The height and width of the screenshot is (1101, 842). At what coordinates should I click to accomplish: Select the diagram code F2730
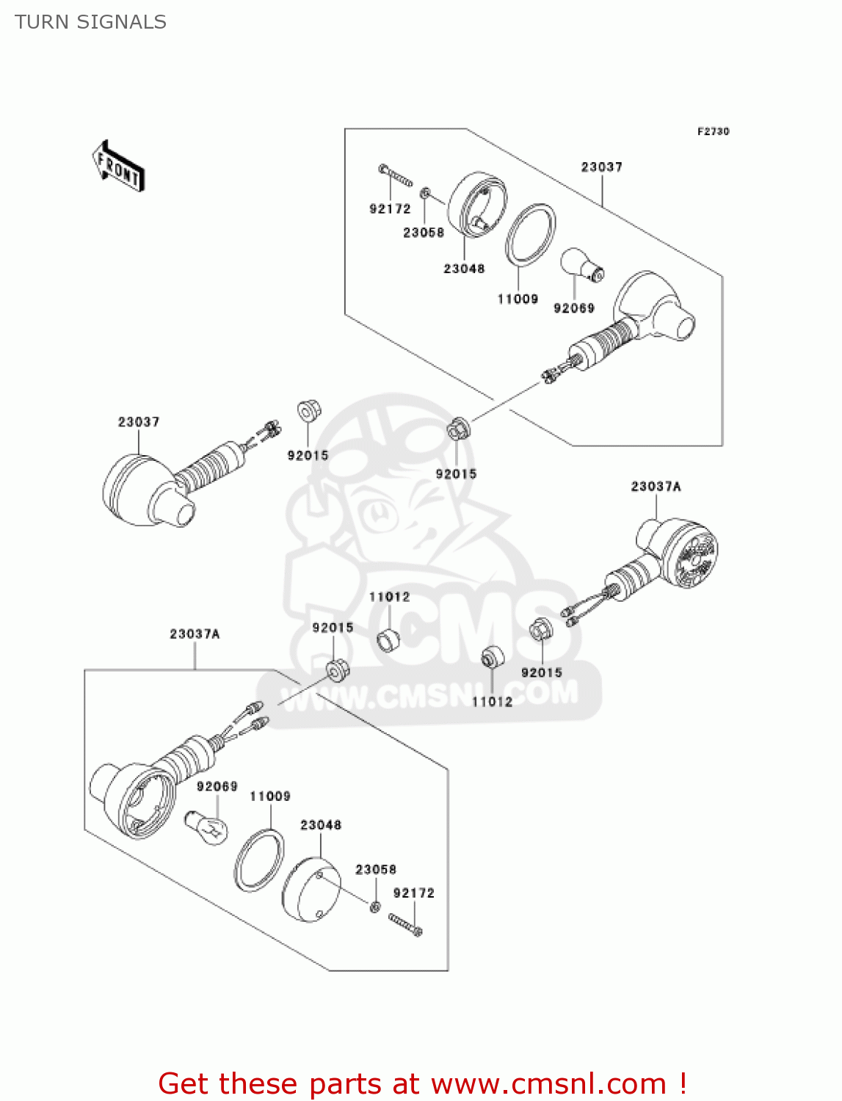pyautogui.click(x=713, y=131)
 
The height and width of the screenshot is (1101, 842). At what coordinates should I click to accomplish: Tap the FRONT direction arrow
pyautogui.click(x=118, y=167)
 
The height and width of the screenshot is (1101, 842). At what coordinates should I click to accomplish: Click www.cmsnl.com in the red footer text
pyautogui.click(x=548, y=1083)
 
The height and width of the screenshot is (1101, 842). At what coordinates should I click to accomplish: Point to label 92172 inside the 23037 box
pyautogui.click(x=390, y=209)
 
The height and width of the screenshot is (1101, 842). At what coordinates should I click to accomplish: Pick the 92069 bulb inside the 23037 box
pyautogui.click(x=582, y=265)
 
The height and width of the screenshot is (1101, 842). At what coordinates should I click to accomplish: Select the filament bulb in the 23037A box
pyautogui.click(x=206, y=828)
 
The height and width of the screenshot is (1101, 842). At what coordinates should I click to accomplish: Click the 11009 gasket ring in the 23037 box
pyautogui.click(x=530, y=233)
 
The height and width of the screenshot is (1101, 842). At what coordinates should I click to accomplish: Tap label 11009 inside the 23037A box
pyautogui.click(x=270, y=796)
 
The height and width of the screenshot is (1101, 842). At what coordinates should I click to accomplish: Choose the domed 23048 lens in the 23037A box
pyautogui.click(x=311, y=889)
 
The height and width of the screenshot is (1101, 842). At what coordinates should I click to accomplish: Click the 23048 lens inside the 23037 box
pyautogui.click(x=477, y=205)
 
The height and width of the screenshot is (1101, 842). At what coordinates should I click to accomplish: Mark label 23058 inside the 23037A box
pyautogui.click(x=376, y=870)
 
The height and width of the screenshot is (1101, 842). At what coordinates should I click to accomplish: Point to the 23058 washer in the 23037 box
pyautogui.click(x=425, y=194)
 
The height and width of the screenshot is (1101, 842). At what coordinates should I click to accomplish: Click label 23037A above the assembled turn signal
pyautogui.click(x=656, y=487)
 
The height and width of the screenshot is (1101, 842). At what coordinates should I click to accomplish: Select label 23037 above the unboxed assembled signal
pyautogui.click(x=139, y=422)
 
